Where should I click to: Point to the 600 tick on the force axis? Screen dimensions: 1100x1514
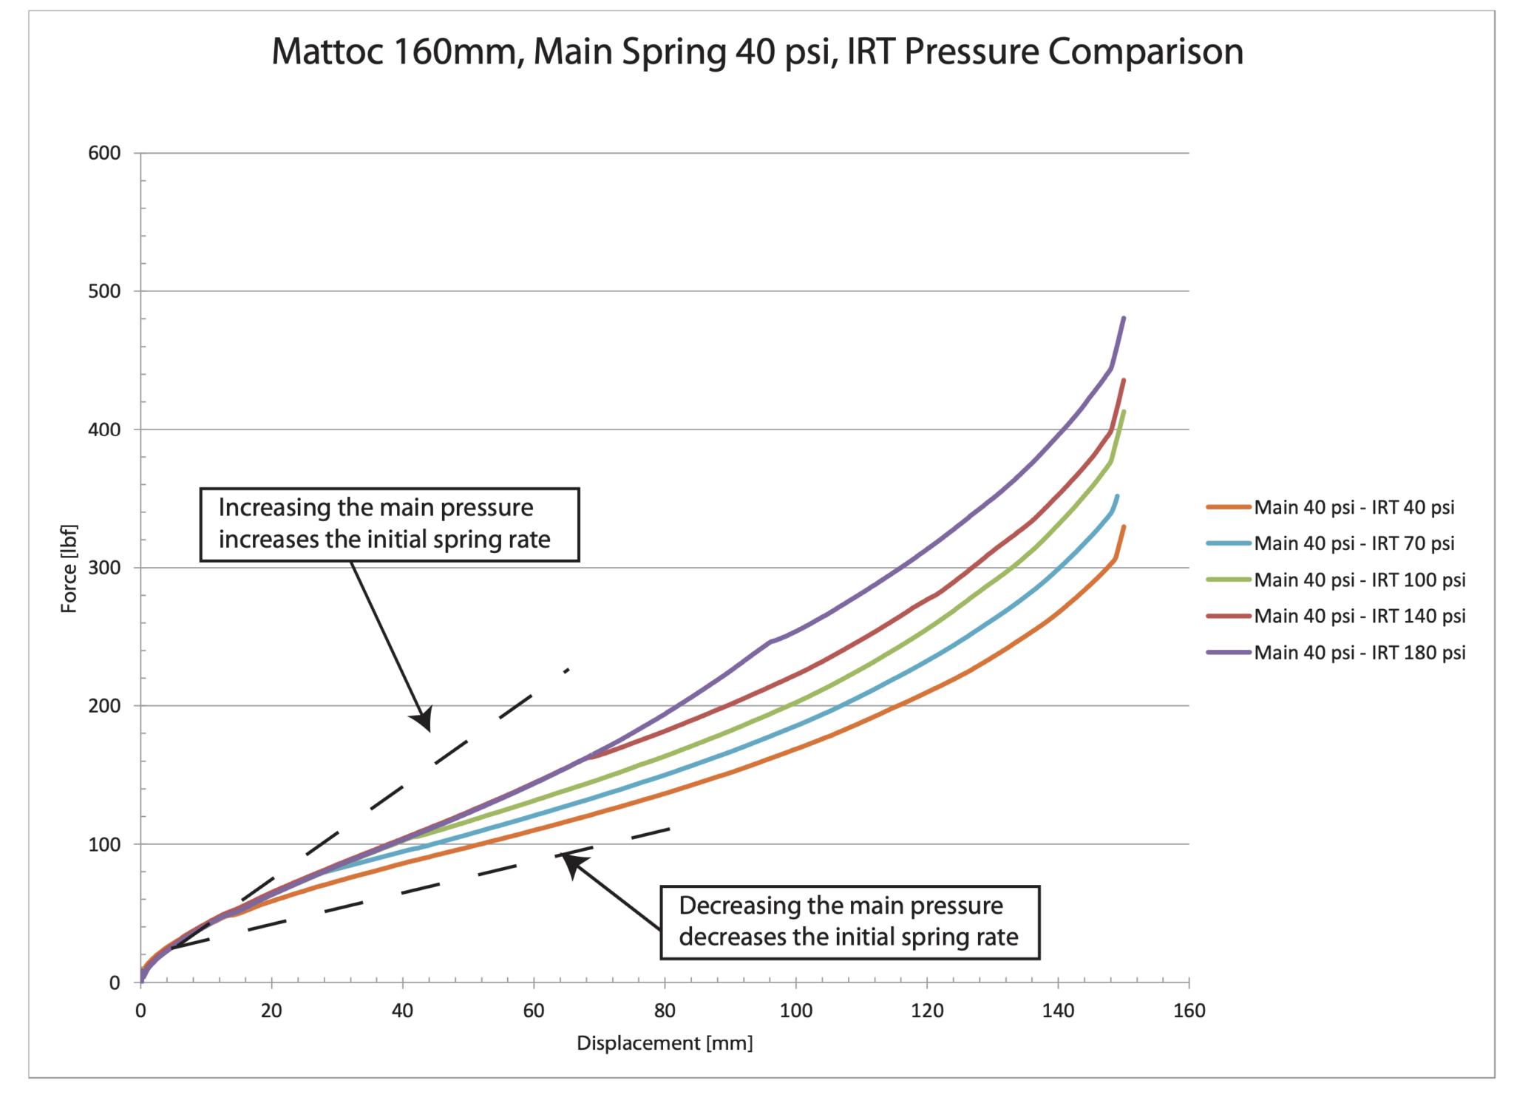coord(104,153)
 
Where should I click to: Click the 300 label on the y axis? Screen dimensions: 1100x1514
coord(104,568)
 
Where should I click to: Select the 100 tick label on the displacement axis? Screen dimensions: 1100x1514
coord(795,1011)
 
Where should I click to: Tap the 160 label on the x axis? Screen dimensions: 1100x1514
coord(1189,1011)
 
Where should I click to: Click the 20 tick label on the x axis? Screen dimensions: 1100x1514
coord(271,1011)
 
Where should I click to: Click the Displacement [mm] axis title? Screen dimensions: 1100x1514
coord(665,1043)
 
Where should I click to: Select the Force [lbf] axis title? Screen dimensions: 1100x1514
coord(69,568)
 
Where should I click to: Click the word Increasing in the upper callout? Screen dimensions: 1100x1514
coord(273,508)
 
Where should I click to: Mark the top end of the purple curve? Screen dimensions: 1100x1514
coord(1124,318)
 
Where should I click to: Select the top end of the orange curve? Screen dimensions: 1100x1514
coord(1124,526)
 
